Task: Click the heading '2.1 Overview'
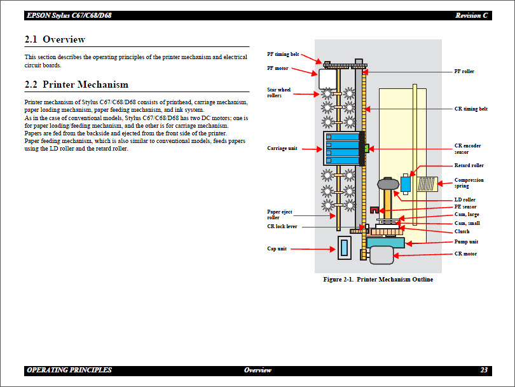pyautogui.click(x=55, y=39)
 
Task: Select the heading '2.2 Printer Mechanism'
pyautogui.click(x=76, y=85)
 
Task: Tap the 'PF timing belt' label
pyautogui.click(x=283, y=55)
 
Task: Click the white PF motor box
pyautogui.click(x=327, y=80)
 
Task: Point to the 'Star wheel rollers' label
pyautogui.click(x=279, y=93)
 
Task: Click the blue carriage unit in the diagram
pyautogui.click(x=343, y=149)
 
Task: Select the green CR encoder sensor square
pyautogui.click(x=366, y=149)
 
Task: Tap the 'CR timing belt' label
pyautogui.click(x=471, y=109)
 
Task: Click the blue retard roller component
pyautogui.click(x=405, y=183)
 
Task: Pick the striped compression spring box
pyautogui.click(x=427, y=184)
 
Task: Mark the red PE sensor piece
pyautogui.click(x=374, y=209)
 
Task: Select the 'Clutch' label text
pyautogui.click(x=462, y=232)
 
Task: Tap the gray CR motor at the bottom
pyautogui.click(x=382, y=255)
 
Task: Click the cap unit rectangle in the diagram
pyautogui.click(x=344, y=247)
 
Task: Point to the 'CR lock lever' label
pyautogui.click(x=282, y=226)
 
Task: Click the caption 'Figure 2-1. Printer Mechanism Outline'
pyautogui.click(x=378, y=280)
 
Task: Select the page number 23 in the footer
pyautogui.click(x=484, y=370)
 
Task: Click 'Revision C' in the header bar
pyautogui.click(x=472, y=15)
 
